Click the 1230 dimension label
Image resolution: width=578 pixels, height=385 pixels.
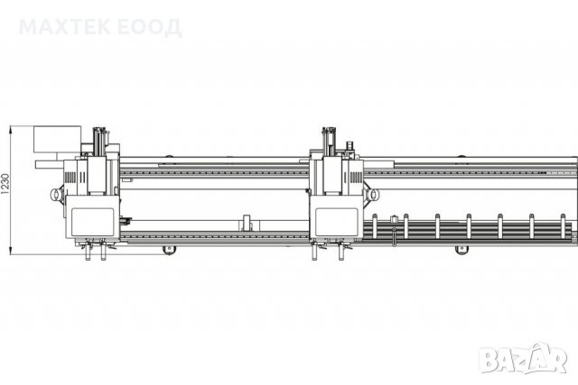[5, 184]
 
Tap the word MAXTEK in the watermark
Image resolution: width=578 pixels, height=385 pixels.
[64, 27]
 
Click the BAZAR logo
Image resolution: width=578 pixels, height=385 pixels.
[523, 358]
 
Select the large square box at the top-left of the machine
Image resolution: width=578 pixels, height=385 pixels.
[57, 139]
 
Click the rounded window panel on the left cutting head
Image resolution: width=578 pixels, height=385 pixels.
[92, 222]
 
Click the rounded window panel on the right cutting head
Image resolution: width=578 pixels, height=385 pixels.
[337, 222]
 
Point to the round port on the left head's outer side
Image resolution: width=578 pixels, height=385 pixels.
[56, 194]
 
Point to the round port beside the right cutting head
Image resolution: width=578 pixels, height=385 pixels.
[373, 194]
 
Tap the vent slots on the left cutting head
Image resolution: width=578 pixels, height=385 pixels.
[70, 178]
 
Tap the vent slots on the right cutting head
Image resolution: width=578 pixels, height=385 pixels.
[356, 178]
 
